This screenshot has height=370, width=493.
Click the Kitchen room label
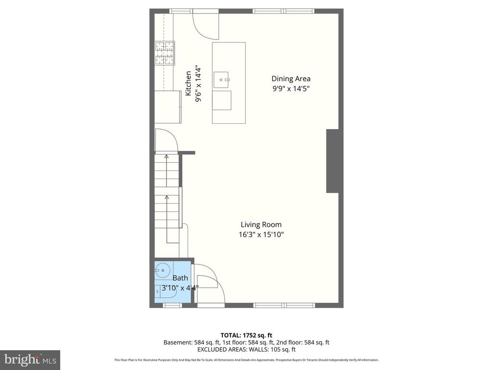[188, 83]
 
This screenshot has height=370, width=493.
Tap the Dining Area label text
[291, 79]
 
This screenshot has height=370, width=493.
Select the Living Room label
[261, 225]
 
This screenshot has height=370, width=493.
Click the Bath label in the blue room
[180, 278]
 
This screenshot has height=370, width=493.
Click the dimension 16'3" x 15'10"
[261, 235]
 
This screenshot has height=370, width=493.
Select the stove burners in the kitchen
[164, 53]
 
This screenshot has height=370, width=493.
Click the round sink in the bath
[163, 271]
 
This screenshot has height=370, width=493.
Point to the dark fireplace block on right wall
[334, 161]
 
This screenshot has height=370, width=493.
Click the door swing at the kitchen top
[206, 26]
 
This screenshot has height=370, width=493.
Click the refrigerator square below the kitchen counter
[168, 106]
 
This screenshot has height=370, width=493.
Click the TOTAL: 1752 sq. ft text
[246, 335]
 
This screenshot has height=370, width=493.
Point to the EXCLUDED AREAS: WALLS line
[246, 349]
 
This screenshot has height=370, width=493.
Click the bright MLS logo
[30, 359]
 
